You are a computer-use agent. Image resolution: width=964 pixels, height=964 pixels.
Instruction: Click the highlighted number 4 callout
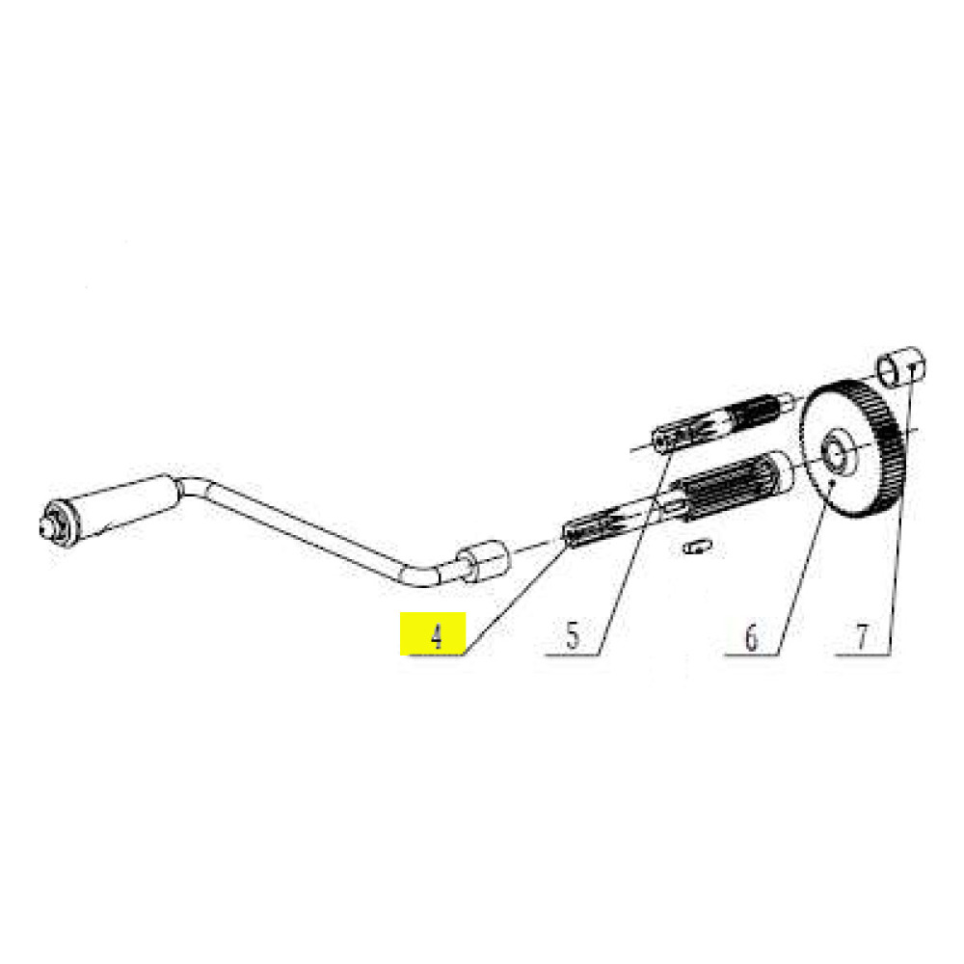436,635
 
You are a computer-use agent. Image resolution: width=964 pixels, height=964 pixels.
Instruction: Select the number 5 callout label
573,636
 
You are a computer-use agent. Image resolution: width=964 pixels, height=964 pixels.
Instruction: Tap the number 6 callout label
751,637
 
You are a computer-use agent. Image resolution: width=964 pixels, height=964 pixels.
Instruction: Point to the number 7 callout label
862,637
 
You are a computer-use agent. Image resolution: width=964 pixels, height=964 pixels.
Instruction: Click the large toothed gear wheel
852,449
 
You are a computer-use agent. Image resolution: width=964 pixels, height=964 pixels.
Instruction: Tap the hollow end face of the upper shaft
661,442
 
